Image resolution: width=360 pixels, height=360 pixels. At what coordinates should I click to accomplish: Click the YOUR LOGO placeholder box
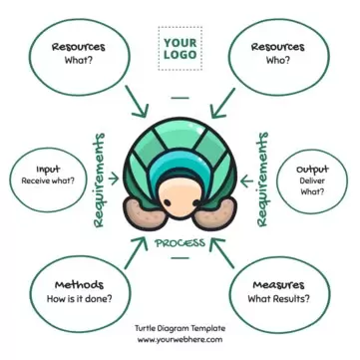tap(180, 49)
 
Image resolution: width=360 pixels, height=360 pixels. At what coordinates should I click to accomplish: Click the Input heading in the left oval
tap(48, 170)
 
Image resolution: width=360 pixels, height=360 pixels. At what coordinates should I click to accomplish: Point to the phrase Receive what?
tap(49, 182)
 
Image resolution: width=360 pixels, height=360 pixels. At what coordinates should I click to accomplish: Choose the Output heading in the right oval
tap(312, 169)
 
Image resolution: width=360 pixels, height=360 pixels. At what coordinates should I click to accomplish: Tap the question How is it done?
tap(79, 298)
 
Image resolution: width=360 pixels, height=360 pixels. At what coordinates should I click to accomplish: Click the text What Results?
tap(279, 298)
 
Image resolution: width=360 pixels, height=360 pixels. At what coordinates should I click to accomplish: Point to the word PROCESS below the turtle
tap(180, 242)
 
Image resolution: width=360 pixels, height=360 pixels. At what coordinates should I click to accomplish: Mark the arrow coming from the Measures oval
tap(226, 256)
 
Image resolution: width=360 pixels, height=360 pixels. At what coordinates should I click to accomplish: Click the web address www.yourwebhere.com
tap(180, 339)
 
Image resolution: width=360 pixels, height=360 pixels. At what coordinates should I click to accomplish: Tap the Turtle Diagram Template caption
tap(180, 327)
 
